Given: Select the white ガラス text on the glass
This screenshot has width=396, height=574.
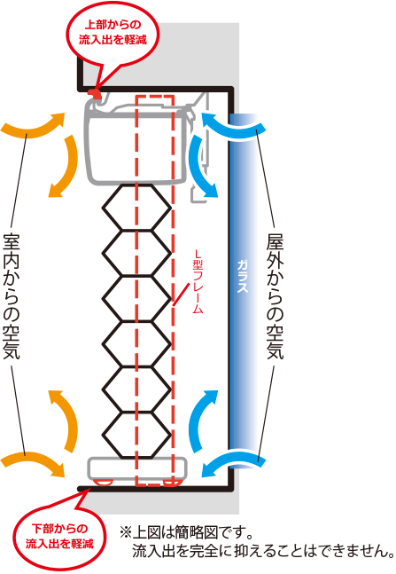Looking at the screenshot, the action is coord(242,277).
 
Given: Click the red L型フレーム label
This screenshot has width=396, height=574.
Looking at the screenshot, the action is coord(198,281).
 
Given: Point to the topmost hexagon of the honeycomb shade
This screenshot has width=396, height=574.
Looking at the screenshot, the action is coord(136,208).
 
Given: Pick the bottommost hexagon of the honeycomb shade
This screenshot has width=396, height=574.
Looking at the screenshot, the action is coord(136,436).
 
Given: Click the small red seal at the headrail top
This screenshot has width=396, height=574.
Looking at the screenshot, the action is coord(96,93).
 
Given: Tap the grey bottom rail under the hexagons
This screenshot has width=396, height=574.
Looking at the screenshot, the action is coord(137,468).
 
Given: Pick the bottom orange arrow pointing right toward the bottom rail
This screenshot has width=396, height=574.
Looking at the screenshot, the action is coord(34,462).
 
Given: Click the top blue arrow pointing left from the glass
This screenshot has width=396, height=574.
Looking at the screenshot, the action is coord(233,128).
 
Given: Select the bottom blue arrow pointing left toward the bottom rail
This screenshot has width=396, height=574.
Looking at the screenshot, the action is coord(233,462).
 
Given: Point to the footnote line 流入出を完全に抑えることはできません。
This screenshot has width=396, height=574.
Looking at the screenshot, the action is coord(262,552).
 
